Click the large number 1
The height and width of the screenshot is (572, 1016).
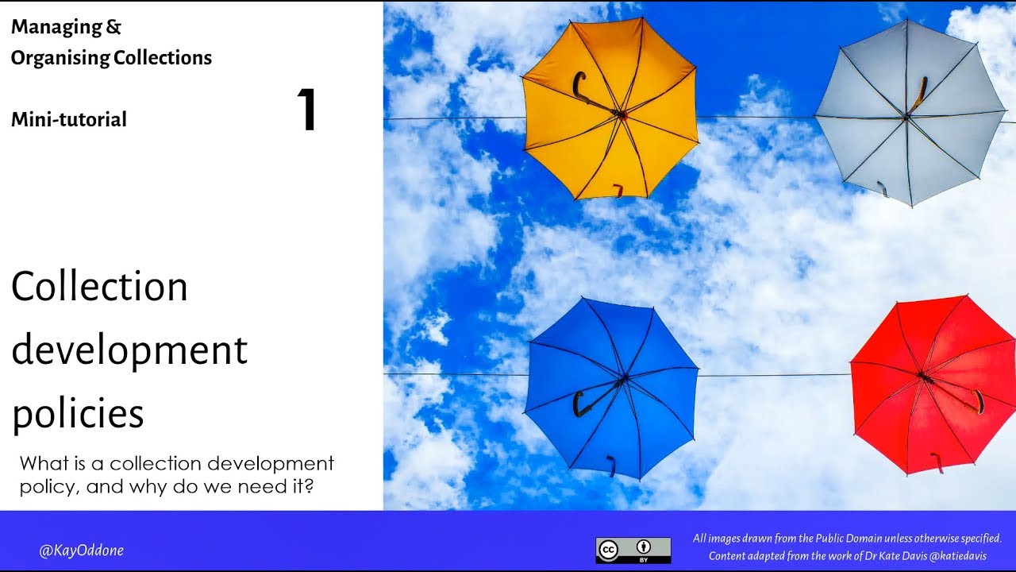306,110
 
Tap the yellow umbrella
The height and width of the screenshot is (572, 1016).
610,107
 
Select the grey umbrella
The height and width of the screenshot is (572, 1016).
910,111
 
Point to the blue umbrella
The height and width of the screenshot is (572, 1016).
611,388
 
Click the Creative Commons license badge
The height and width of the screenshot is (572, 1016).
633,550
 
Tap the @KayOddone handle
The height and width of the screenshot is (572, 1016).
82,551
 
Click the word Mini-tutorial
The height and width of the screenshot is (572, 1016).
69,120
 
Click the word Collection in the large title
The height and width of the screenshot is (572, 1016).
99,286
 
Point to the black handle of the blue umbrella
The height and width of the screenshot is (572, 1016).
579,404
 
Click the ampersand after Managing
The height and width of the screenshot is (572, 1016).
114,27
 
